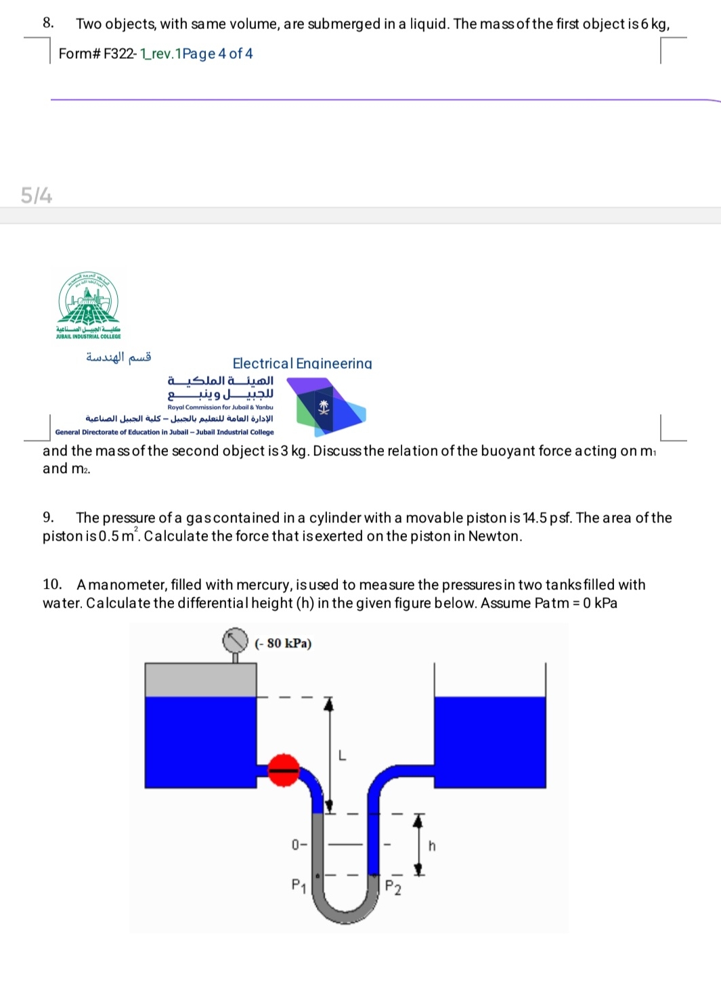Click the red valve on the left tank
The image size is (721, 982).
point(284,769)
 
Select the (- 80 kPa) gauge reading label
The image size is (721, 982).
point(283,643)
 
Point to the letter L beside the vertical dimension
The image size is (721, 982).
point(342,755)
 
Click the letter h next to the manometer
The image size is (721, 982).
point(432,846)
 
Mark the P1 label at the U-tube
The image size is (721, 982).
point(299,885)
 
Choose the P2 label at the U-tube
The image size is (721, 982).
point(393,888)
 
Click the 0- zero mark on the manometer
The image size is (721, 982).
point(299,845)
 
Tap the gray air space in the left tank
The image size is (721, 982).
point(200,680)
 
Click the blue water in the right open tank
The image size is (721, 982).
point(489,742)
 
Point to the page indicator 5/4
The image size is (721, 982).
point(37,196)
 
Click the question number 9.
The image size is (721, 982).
point(48,518)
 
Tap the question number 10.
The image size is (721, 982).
point(52,585)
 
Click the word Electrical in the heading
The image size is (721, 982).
point(263,363)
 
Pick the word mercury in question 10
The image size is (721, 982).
point(264,585)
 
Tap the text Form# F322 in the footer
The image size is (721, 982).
point(97,53)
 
